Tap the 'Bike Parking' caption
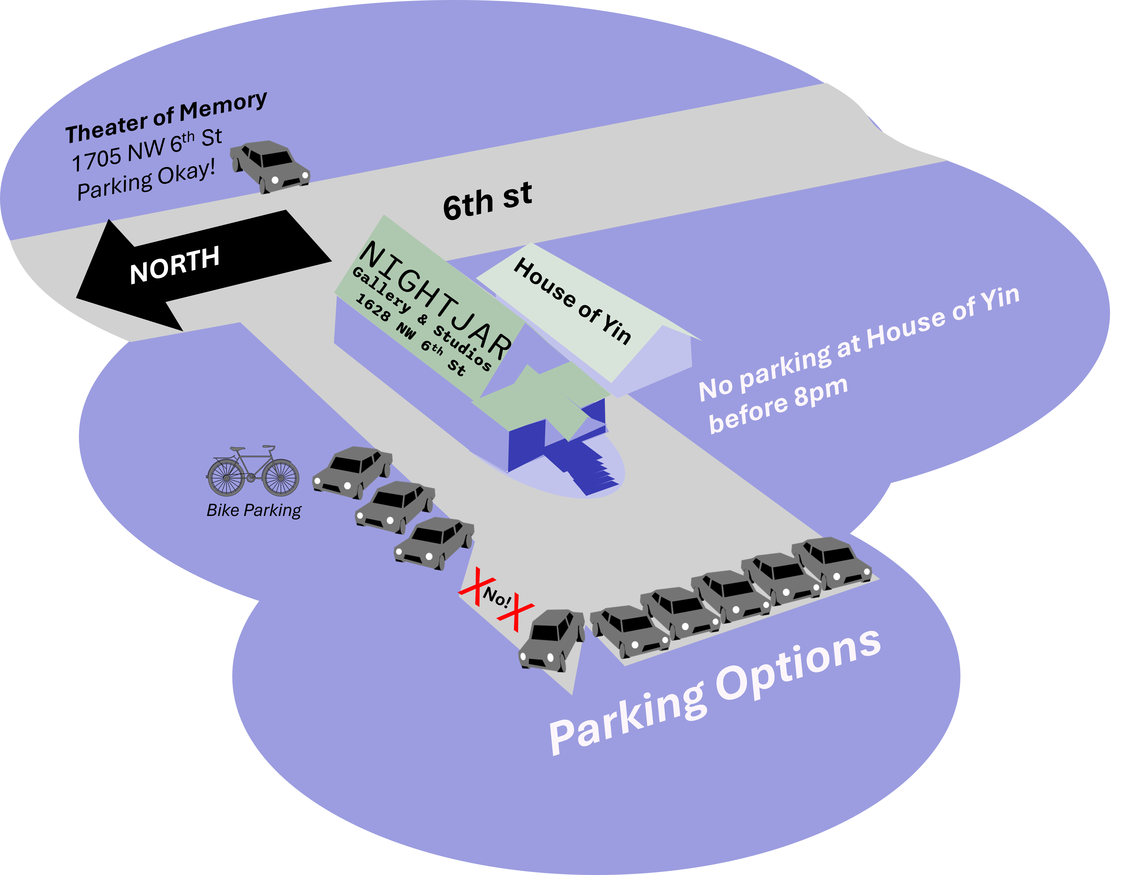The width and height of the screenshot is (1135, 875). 254,510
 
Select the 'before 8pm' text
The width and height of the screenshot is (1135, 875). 778,405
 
